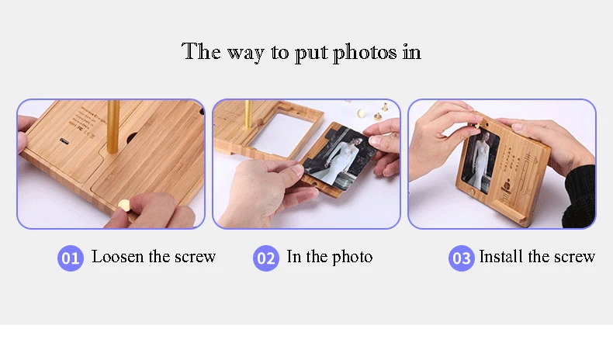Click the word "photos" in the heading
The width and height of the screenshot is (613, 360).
click(x=365, y=53)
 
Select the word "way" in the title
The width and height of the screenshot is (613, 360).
click(x=245, y=54)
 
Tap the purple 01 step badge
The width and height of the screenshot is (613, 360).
click(x=71, y=258)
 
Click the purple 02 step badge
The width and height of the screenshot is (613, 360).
click(x=266, y=258)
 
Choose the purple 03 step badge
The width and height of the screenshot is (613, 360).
click(x=462, y=258)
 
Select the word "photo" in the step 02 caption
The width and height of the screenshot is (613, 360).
click(x=352, y=258)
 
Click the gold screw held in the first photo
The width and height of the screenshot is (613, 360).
click(x=125, y=205)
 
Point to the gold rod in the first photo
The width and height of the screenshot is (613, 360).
click(x=113, y=126)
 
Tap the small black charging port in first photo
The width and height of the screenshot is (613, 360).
click(x=64, y=141)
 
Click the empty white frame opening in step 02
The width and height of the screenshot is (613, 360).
click(x=281, y=131)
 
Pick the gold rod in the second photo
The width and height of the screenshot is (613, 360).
click(x=248, y=115)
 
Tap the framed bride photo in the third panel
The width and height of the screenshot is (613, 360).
click(x=480, y=161)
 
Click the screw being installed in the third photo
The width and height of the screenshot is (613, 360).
click(x=477, y=126)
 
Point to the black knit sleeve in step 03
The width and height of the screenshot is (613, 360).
click(x=580, y=196)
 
